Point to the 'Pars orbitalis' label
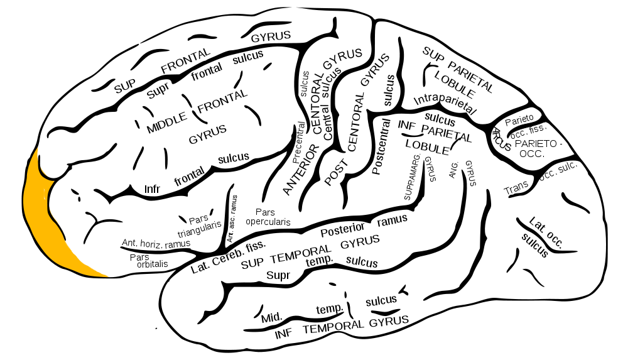coord(149,261)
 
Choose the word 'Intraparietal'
coord(444,101)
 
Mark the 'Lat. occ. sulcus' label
coord(540,237)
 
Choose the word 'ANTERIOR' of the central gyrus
coord(301,168)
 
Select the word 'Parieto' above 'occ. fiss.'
coord(519,118)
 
